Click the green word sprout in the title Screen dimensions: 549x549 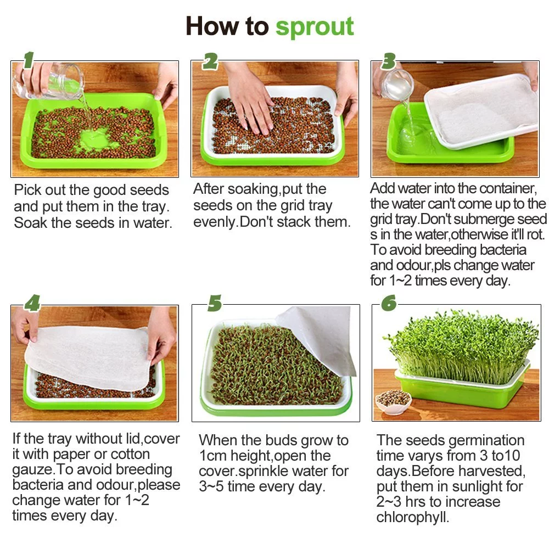[x=315, y=26]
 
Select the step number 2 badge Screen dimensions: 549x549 [x=210, y=62]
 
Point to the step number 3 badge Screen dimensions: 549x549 [x=389, y=61]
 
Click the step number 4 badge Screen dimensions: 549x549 [x=32, y=303]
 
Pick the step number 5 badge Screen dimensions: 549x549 [x=214, y=303]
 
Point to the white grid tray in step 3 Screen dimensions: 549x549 [x=480, y=110]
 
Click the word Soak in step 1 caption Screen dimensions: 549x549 [x=33, y=222]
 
